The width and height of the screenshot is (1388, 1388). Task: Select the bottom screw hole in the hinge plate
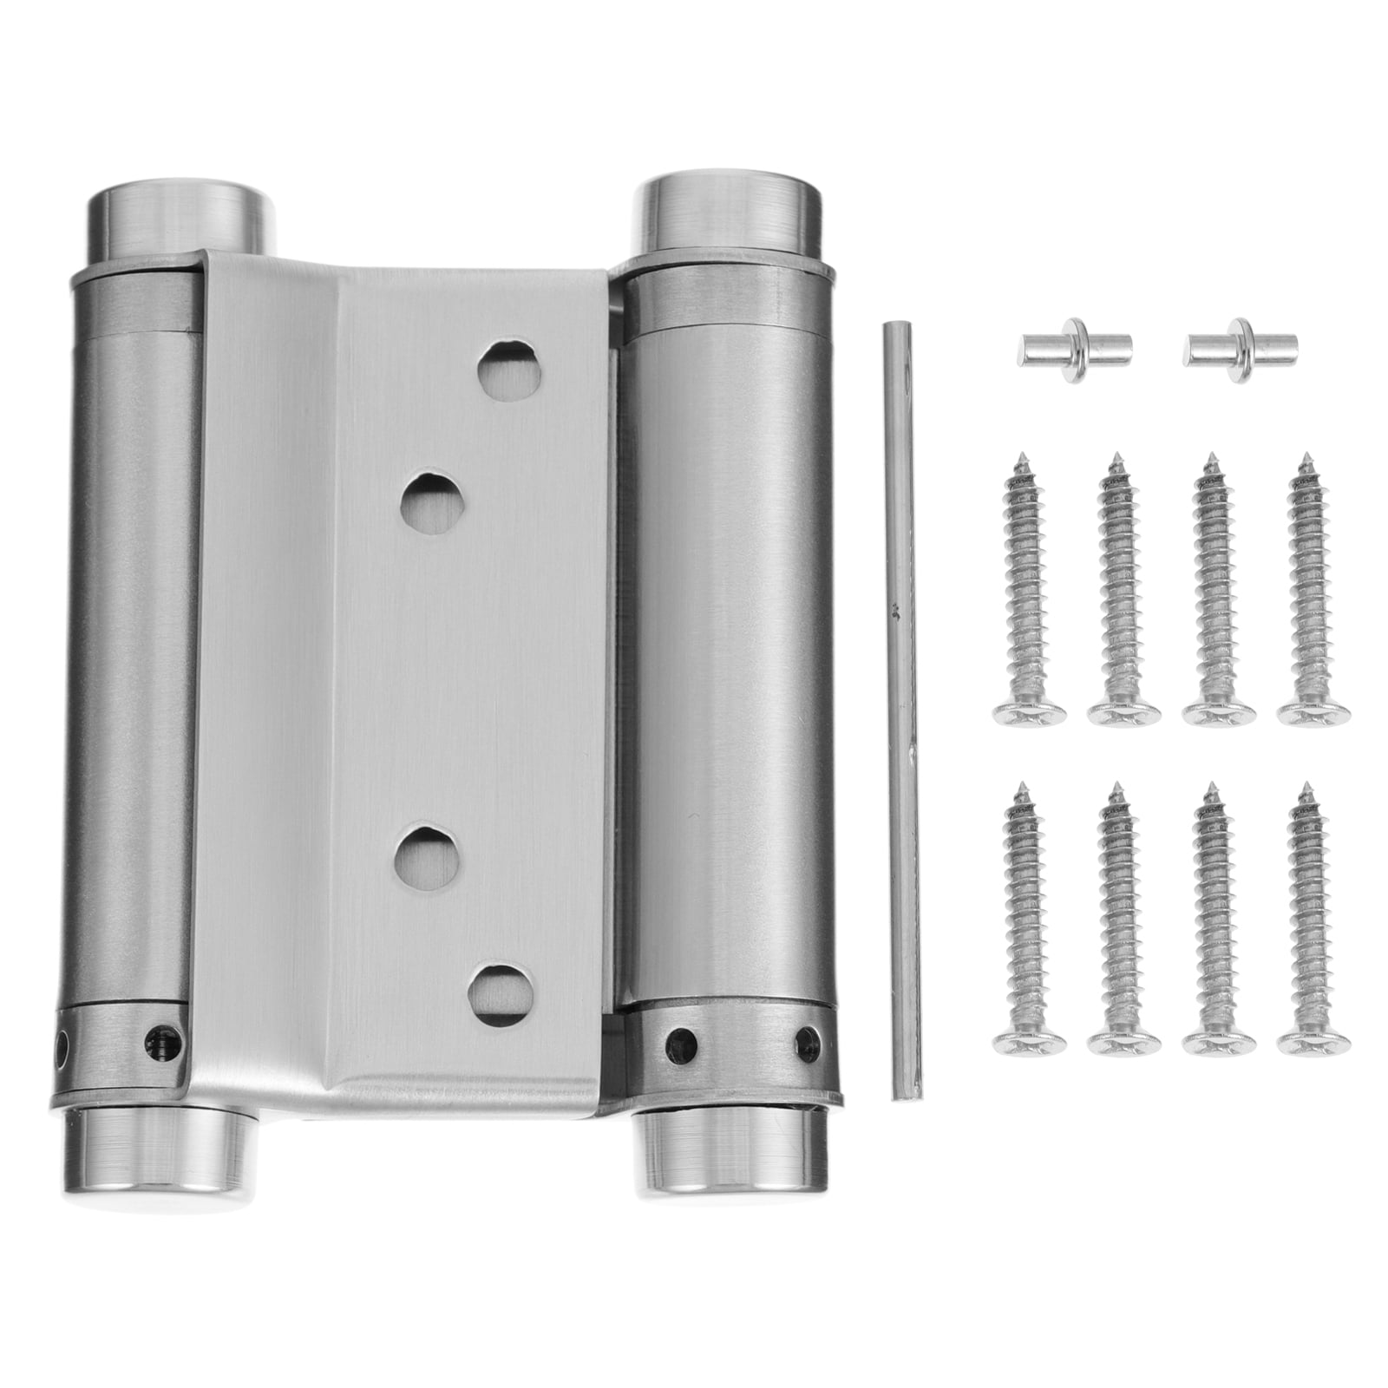click(501, 991)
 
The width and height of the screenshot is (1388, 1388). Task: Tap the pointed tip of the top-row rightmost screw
click(1302, 460)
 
